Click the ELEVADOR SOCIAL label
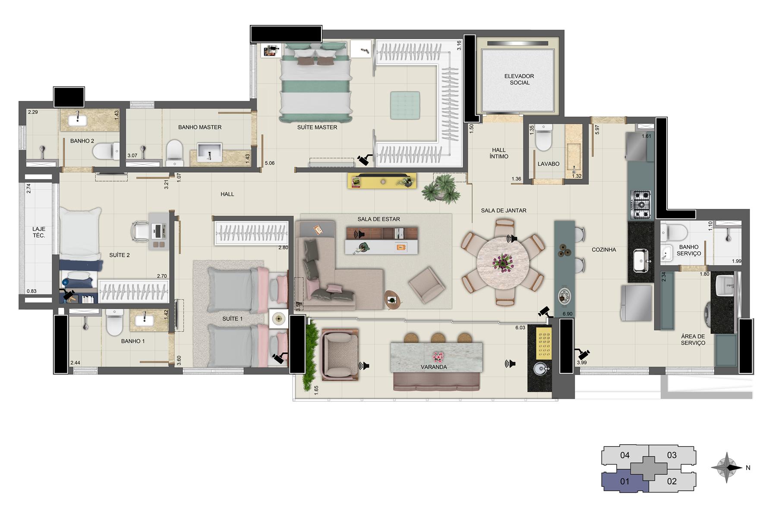click(x=519, y=79)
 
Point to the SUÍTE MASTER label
click(x=317, y=127)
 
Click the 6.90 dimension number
click(x=567, y=314)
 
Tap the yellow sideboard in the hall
click(x=382, y=181)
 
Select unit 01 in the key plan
click(x=625, y=481)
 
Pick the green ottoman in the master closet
click(x=405, y=105)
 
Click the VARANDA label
click(x=434, y=367)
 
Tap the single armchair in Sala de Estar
click(x=427, y=285)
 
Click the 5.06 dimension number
click(x=269, y=163)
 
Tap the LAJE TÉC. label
click(x=39, y=232)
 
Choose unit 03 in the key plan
click(x=672, y=455)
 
